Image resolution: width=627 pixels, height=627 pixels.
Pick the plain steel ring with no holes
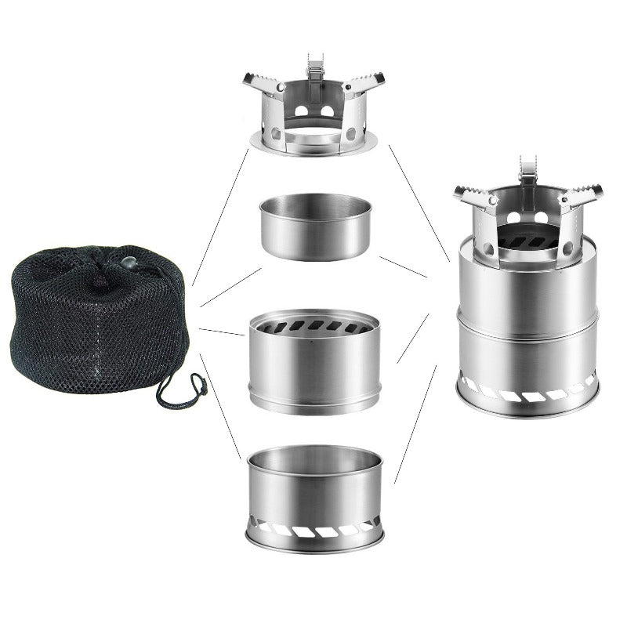coord(315,227)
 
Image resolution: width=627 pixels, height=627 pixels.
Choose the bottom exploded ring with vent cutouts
coord(315,502)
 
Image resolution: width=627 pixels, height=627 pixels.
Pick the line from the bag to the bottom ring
coord(219,408)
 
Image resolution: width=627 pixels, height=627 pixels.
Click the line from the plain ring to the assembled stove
coord(403,266)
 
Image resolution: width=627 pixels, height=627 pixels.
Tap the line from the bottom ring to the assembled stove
coord(415,423)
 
